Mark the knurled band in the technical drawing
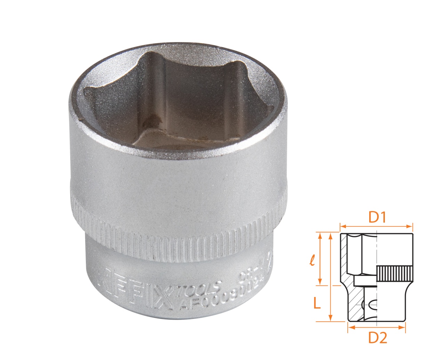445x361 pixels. click(x=395, y=274)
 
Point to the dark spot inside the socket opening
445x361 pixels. click(x=150, y=122)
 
